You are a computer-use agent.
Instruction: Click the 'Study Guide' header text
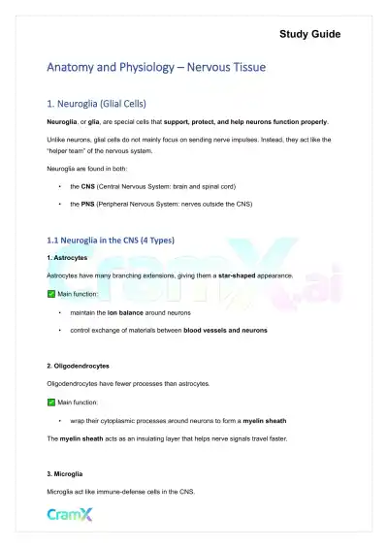click(x=309, y=34)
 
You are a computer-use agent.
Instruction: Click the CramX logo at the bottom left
click(x=71, y=514)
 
